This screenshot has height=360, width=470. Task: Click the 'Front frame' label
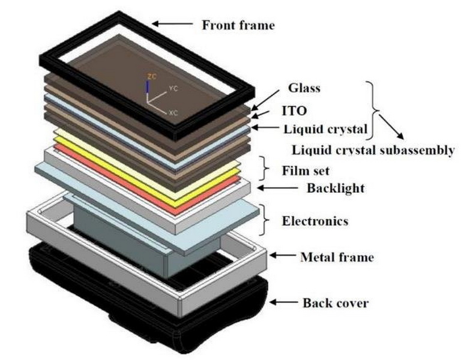pyautogui.click(x=238, y=25)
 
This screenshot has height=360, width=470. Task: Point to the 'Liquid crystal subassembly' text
pyautogui.click(x=373, y=150)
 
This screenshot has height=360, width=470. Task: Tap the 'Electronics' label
pyautogui.click(x=315, y=221)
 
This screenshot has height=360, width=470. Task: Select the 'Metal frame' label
pyautogui.click(x=336, y=257)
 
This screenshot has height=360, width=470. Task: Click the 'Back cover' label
pyautogui.click(x=334, y=302)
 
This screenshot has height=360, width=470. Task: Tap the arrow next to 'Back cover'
pyautogui.click(x=286, y=302)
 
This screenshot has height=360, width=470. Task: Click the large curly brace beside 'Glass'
pyautogui.click(x=373, y=108)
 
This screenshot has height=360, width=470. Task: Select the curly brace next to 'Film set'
pyautogui.click(x=263, y=169)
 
